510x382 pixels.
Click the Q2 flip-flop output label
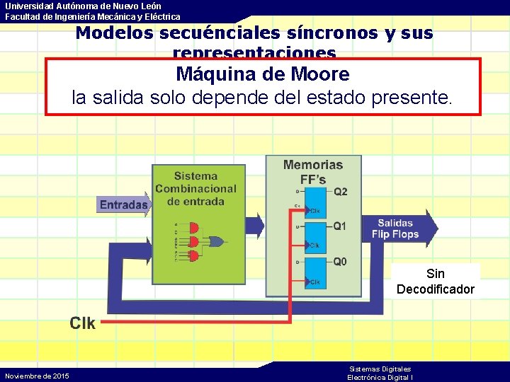[341, 192]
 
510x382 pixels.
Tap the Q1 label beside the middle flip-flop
[340, 226]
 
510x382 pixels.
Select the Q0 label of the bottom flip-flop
[340, 262]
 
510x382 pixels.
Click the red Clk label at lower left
[83, 323]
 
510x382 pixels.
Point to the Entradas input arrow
[125, 205]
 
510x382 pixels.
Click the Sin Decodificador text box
[436, 281]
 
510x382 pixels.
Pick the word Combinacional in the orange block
[196, 189]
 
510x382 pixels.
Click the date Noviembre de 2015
[37, 376]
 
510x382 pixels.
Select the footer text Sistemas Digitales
[380, 369]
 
